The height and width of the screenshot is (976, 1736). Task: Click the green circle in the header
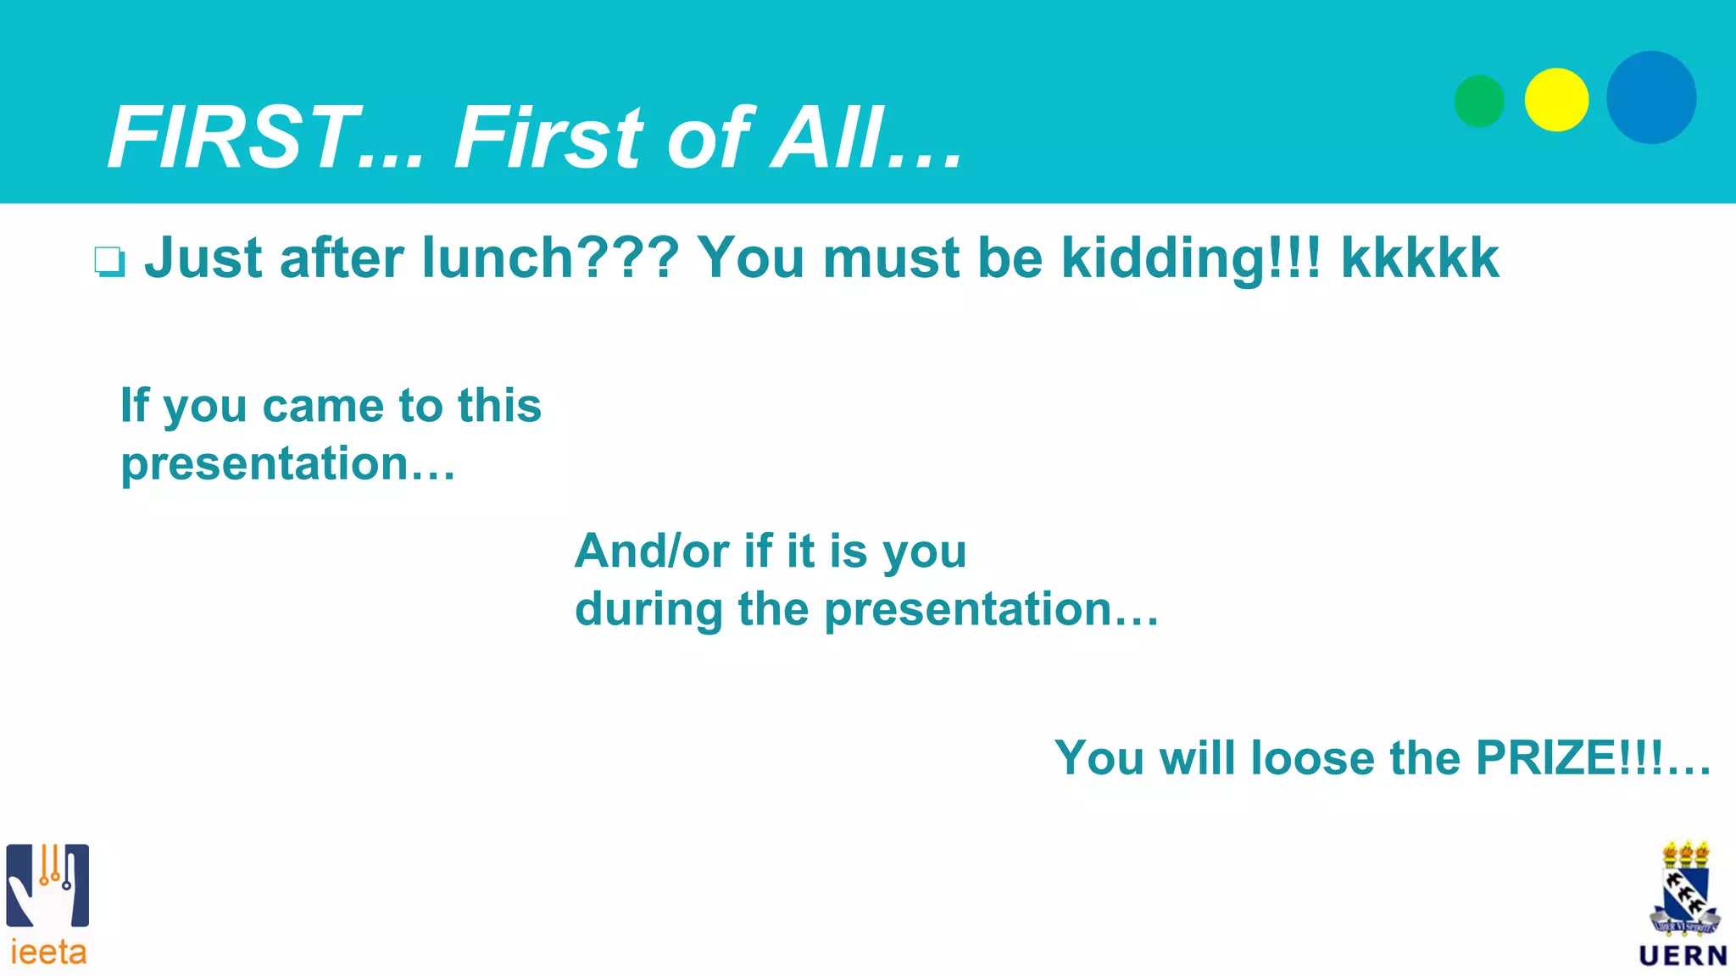pyautogui.click(x=1479, y=101)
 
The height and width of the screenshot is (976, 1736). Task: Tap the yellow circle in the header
pyautogui.click(x=1556, y=100)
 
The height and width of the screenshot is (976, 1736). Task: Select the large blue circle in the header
pyautogui.click(x=1651, y=97)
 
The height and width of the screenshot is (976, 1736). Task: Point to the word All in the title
pyautogui.click(x=827, y=138)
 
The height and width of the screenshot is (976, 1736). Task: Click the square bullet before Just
pyautogui.click(x=109, y=262)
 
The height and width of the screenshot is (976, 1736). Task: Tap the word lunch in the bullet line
pyautogui.click(x=498, y=258)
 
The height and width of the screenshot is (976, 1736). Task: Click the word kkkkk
pyautogui.click(x=1420, y=258)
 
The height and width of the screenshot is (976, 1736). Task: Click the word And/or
pyautogui.click(x=652, y=552)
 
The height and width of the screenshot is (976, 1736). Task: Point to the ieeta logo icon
pyautogui.click(x=47, y=884)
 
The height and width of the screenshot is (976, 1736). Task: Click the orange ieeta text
pyautogui.click(x=48, y=953)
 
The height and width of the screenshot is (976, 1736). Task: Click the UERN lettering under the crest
pyautogui.click(x=1683, y=957)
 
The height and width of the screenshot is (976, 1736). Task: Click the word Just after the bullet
pyautogui.click(x=203, y=258)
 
